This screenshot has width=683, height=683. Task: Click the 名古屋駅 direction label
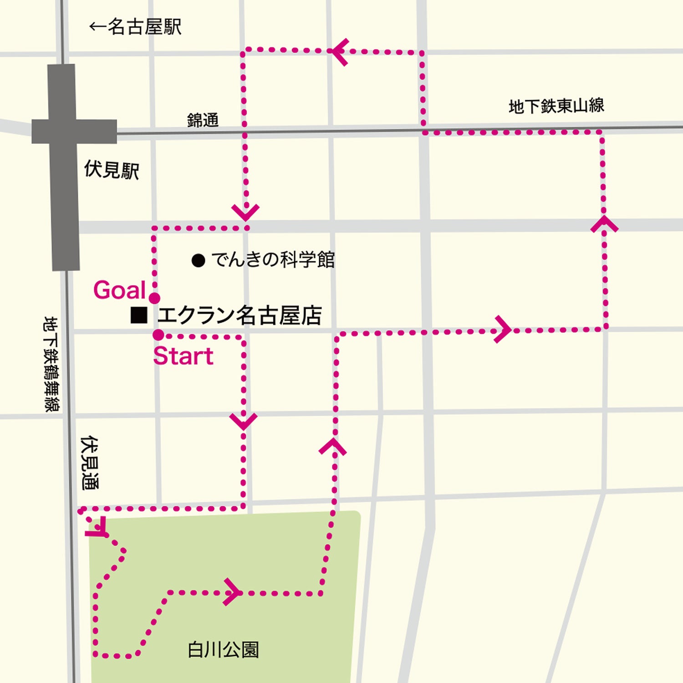point(136,27)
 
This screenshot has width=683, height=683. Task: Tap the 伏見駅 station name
point(112,170)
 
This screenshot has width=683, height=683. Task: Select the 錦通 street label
point(203,120)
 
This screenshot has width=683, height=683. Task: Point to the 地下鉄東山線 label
point(556,106)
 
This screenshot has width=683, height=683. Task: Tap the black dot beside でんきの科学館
point(198,260)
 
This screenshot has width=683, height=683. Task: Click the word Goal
point(119,290)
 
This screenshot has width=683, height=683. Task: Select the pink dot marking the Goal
point(155,298)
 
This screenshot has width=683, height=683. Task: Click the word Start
point(183,356)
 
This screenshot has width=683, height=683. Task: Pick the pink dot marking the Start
point(158,335)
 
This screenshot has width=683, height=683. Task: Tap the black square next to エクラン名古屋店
point(139,315)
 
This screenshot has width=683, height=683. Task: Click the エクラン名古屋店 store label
point(240,316)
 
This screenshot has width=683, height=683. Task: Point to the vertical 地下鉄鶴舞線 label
point(51,364)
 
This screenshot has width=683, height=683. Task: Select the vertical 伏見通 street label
point(89,463)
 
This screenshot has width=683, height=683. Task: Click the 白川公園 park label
point(223,650)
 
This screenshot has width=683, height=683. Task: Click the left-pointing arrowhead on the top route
point(340,51)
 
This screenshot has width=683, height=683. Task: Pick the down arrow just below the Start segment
point(244,420)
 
